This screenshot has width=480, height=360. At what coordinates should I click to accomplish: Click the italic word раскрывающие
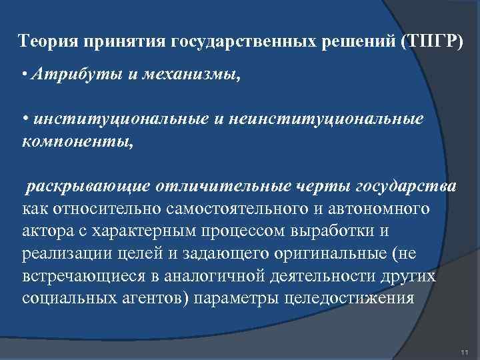coord(85,188)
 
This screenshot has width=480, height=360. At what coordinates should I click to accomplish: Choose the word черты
coord(327,188)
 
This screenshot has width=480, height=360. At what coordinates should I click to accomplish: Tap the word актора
coord(44,232)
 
